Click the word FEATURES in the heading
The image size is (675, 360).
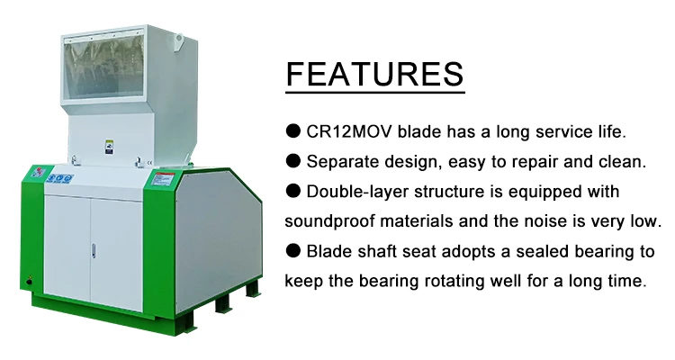point(374,74)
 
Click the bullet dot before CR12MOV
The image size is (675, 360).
point(293,130)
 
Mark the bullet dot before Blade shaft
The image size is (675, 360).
point(293,250)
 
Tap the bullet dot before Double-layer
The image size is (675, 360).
point(293,191)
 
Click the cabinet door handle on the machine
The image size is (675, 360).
point(94,251)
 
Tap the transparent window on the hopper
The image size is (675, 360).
point(103,66)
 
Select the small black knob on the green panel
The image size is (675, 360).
point(29,282)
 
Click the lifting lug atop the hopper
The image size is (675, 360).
point(179,40)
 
